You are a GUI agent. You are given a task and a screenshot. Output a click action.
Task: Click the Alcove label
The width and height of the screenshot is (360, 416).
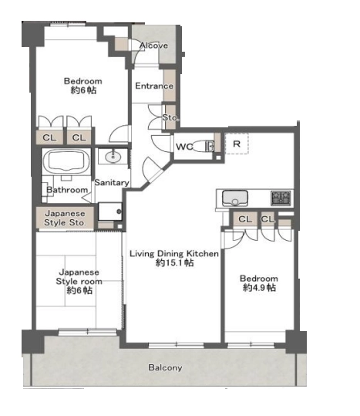point(153,46)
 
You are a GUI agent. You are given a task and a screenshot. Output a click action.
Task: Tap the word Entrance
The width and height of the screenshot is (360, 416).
point(154,86)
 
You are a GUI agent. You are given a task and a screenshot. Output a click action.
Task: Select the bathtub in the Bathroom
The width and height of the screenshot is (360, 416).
point(67,162)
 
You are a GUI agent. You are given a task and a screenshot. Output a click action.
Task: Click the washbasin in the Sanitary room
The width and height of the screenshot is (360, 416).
point(113,157)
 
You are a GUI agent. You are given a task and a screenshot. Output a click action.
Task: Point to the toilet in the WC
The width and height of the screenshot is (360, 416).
point(203,146)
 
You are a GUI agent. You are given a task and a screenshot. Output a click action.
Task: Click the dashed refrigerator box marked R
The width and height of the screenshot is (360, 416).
point(237,144)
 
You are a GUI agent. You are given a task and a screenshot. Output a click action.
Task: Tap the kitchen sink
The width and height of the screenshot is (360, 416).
point(235,198)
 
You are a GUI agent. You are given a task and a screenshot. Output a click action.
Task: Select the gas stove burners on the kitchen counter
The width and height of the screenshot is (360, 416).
point(281,198)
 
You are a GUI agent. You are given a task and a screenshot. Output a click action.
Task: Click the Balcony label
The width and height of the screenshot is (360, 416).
point(165,367)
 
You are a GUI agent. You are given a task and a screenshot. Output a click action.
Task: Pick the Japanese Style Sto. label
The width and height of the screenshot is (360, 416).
point(65,218)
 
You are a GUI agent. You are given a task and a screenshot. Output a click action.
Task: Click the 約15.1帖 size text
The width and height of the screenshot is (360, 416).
point(174,262)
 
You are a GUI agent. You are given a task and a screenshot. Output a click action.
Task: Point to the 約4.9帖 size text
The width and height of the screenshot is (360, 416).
point(259,287)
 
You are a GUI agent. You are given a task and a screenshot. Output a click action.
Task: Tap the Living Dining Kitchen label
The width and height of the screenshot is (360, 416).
point(174,254)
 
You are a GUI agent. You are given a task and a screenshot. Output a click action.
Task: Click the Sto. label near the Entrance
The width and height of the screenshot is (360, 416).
point(170,117)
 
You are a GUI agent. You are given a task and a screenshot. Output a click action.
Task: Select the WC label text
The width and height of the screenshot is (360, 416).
point(184,147)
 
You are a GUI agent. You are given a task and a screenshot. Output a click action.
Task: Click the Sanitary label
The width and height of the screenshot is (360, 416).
point(112,182)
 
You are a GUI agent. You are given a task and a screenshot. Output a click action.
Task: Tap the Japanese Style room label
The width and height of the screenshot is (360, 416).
point(79,277)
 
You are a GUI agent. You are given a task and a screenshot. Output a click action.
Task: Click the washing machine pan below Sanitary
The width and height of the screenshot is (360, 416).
point(110,211)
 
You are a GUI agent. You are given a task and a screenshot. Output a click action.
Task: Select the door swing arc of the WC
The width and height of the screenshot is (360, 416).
point(160,144)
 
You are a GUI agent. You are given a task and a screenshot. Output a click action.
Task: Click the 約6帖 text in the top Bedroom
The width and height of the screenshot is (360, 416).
point(83,90)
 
